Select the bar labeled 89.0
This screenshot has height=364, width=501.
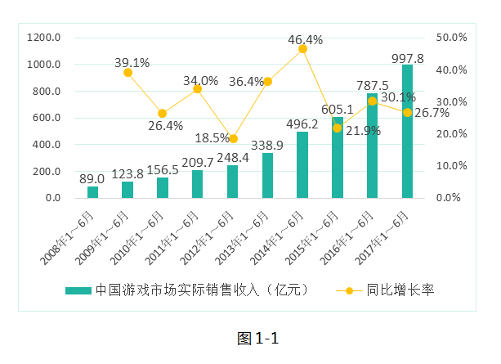click(x=92, y=192)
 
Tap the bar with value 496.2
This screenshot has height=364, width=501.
click(x=302, y=165)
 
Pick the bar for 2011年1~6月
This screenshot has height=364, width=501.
click(x=197, y=184)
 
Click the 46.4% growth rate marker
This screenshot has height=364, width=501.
click(x=302, y=49)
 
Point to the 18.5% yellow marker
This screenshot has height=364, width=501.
click(x=233, y=139)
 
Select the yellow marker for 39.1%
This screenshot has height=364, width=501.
click(x=127, y=73)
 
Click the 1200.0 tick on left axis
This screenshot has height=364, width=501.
click(x=44, y=38)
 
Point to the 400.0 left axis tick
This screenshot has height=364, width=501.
click(x=44, y=145)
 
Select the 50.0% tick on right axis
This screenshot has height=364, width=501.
click(x=451, y=38)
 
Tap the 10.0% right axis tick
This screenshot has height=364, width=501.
click(x=451, y=166)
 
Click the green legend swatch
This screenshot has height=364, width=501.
click(x=78, y=290)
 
